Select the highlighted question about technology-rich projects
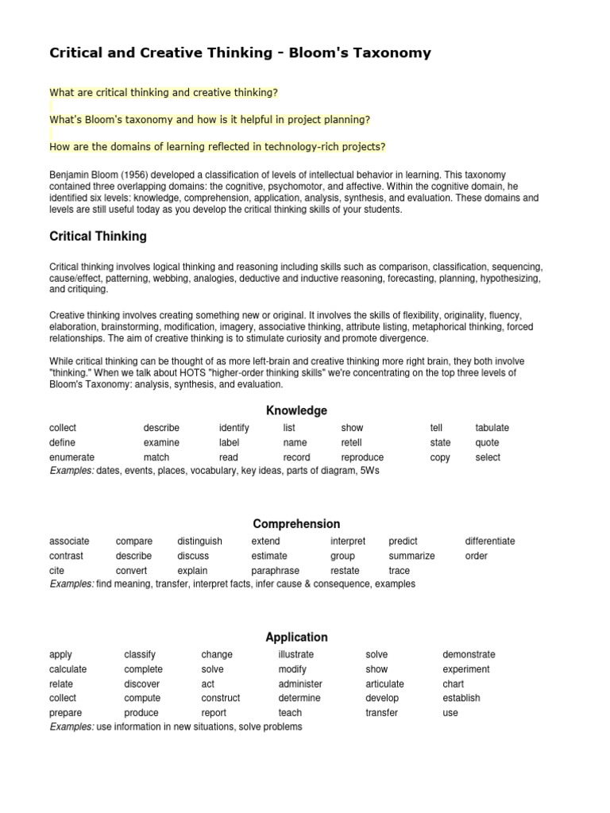[x=218, y=146]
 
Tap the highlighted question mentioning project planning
[x=210, y=119]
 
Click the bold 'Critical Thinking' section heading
[x=98, y=237]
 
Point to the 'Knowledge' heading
[x=296, y=410]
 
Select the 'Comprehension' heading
[x=296, y=524]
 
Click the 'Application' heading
[x=296, y=638]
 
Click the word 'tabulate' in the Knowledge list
[x=492, y=428]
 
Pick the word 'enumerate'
[x=71, y=457]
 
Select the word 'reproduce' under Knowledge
[x=362, y=457]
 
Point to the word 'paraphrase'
[x=275, y=571]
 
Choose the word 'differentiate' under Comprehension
[x=490, y=541]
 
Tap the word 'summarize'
[x=411, y=556]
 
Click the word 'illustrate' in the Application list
[x=295, y=655]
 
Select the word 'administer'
[x=300, y=684]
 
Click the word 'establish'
[x=461, y=699]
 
